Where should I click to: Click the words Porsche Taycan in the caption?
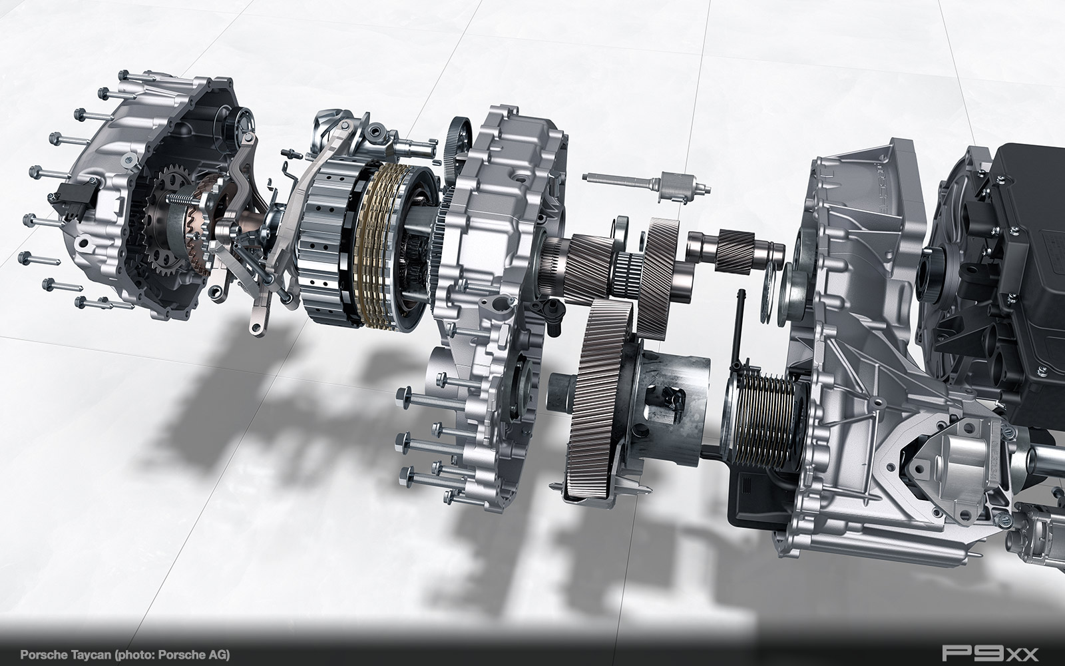pyautogui.click(x=64, y=654)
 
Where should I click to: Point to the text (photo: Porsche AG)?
pyautogui.click(x=171, y=654)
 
